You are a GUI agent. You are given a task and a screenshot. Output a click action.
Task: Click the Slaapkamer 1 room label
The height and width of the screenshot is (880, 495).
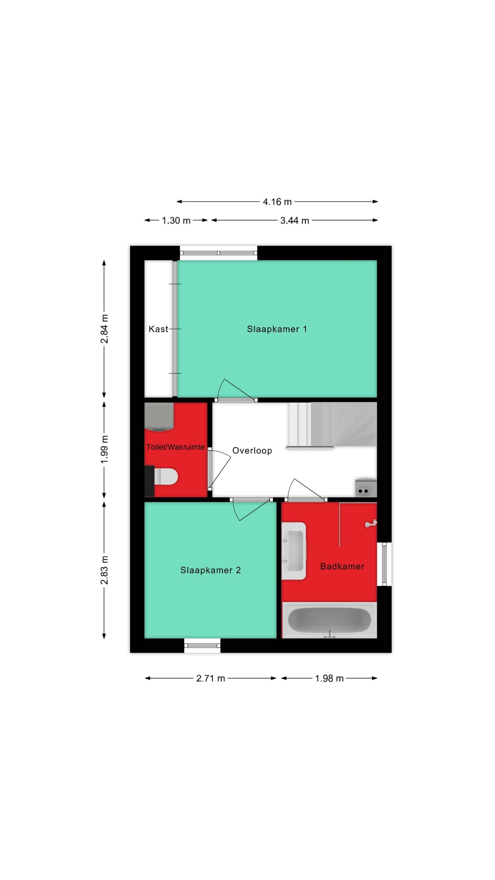coord(277,329)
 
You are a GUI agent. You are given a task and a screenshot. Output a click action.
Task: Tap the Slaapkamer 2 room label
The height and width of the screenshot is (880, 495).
coord(210,570)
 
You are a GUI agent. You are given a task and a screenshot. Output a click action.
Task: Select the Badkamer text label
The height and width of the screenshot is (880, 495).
coord(342,566)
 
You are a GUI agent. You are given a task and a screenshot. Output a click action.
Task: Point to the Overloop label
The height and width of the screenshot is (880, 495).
coord(252,451)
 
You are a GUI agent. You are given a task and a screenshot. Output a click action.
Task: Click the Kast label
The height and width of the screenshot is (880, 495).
coord(158,329)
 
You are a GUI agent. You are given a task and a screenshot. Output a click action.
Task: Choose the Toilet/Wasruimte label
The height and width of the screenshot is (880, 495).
coord(175,447)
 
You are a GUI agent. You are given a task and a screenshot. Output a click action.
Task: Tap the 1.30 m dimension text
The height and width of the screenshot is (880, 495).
coord(176,220)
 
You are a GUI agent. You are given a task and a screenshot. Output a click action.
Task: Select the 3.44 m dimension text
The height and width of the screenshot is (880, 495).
coord(295,220)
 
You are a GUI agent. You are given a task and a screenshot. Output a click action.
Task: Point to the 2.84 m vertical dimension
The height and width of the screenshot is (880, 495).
coord(104,329)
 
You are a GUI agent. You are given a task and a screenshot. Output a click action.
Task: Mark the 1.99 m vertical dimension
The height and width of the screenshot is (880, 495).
coord(104,449)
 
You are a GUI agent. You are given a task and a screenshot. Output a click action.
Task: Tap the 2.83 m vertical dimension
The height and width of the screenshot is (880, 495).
coord(104,570)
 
